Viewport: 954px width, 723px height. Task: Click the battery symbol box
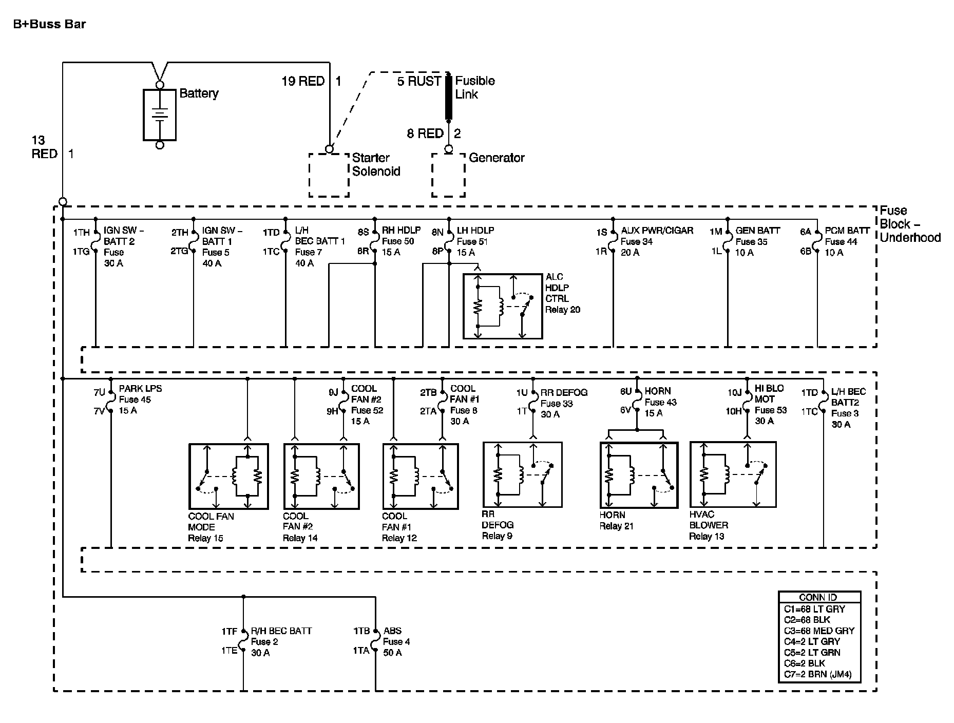[x=144, y=115]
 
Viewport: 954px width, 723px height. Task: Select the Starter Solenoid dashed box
[x=310, y=175]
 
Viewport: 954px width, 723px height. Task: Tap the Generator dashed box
[x=432, y=175]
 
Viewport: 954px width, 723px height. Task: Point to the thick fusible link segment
[x=448, y=97]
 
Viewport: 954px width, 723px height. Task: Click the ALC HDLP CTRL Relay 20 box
[x=464, y=306]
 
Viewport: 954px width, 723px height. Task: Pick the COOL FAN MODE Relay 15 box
[x=190, y=476]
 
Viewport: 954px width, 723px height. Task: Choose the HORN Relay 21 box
[x=601, y=475]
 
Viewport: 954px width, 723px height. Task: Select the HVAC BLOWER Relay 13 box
[x=691, y=474]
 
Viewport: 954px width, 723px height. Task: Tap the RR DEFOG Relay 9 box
[x=484, y=474]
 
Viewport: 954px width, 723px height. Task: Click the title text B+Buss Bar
[x=49, y=24]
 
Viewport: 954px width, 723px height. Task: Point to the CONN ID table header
[x=818, y=597]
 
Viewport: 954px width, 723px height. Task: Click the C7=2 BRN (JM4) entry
[x=817, y=674]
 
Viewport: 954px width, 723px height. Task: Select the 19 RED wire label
[x=303, y=81]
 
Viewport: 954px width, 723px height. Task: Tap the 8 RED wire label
[x=425, y=134]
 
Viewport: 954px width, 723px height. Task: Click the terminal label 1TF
[x=230, y=631]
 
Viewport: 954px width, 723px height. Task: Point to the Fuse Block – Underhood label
[x=910, y=224]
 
